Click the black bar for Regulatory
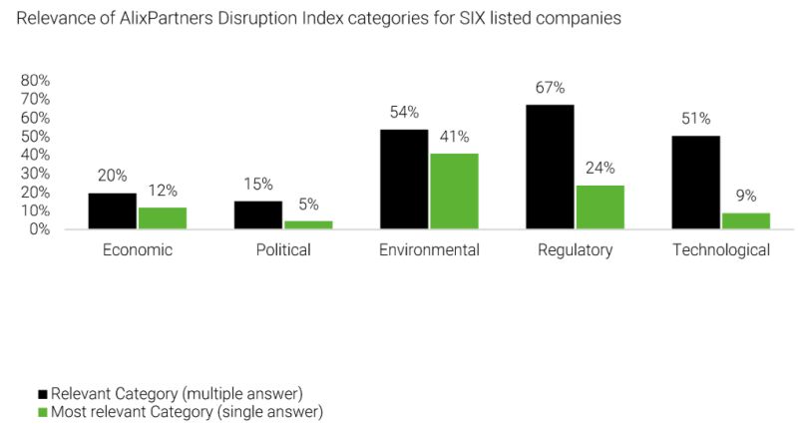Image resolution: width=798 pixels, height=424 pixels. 551,167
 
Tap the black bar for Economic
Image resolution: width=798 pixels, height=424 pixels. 112,211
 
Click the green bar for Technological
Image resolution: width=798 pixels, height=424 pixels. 745,220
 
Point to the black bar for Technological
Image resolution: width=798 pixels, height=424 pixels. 697,182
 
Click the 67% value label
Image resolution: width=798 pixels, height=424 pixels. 551,87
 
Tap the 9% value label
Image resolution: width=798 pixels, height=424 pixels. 745,196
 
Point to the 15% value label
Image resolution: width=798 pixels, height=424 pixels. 257,184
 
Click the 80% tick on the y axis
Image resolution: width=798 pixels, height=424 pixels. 36,80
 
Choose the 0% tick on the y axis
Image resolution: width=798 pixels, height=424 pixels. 40,229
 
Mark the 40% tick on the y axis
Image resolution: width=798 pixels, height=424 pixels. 36,155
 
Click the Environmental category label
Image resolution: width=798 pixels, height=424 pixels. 429,250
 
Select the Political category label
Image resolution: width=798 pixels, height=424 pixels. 282,250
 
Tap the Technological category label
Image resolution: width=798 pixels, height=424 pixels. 721,250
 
